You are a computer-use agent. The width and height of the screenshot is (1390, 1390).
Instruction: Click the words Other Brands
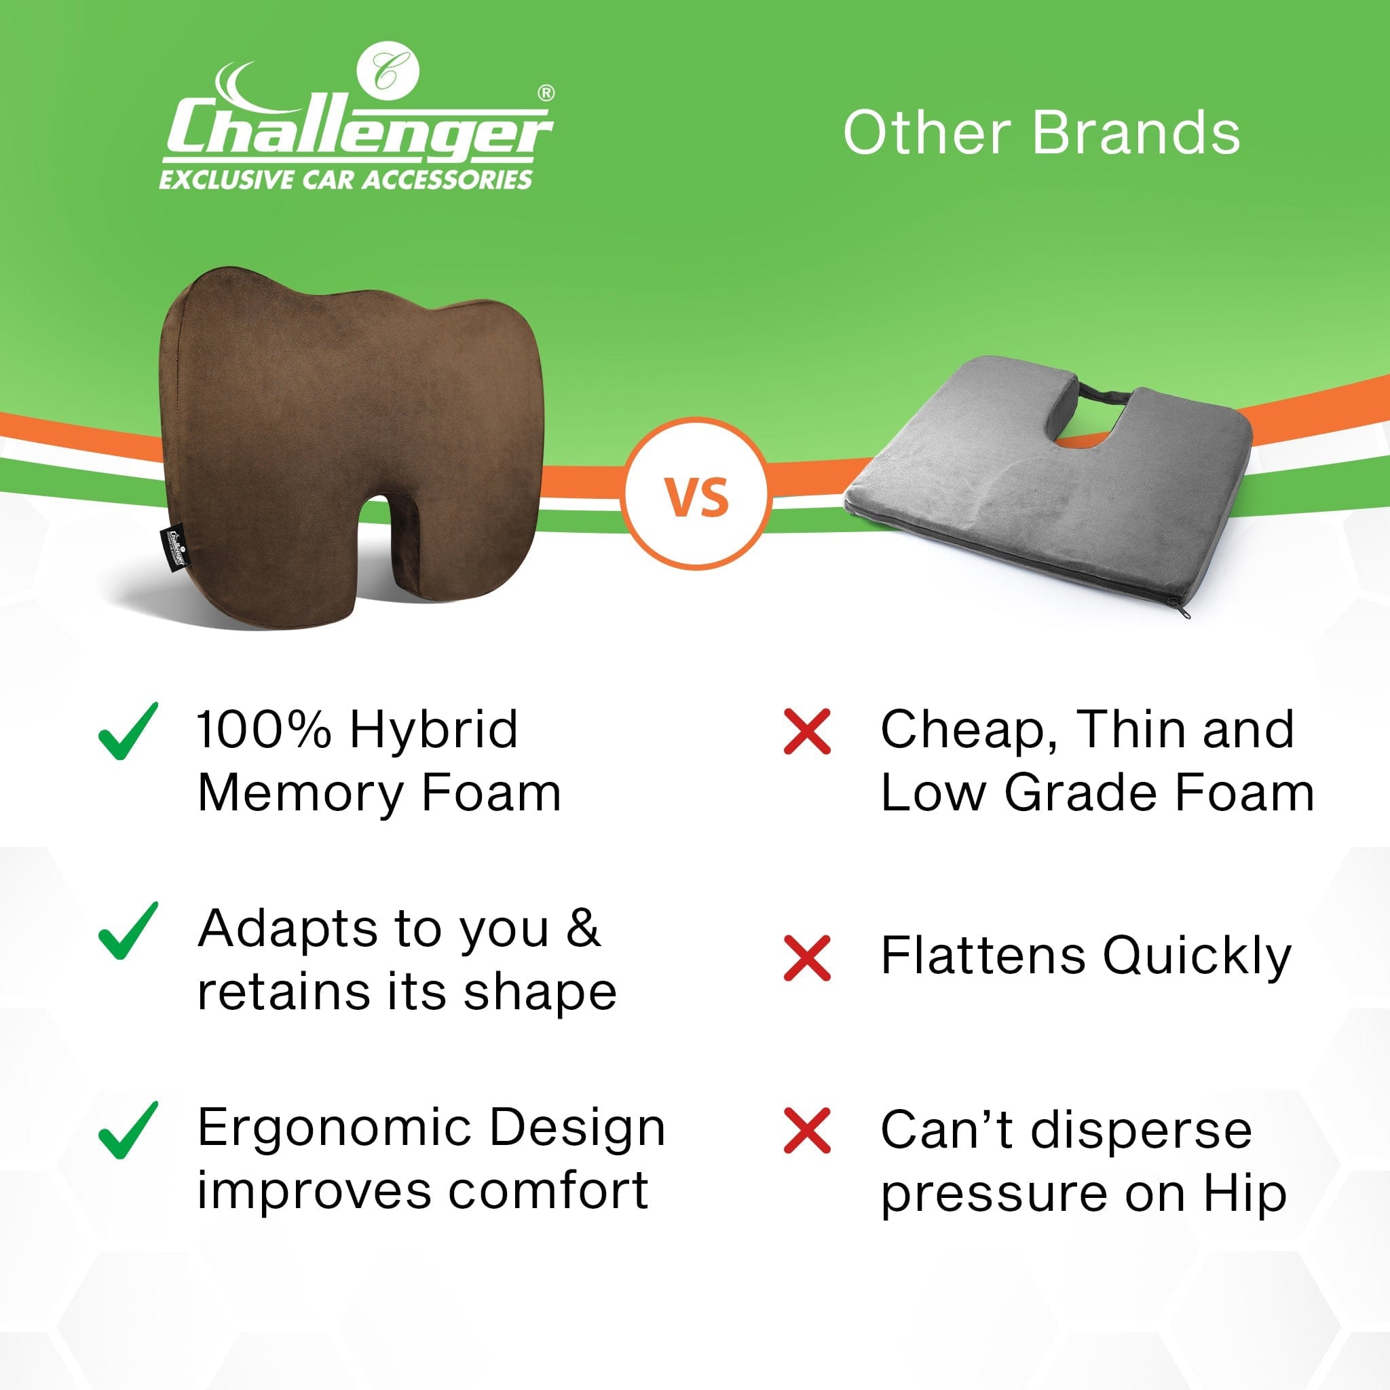1041,133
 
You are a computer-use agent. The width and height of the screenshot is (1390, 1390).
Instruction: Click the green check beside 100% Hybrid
128,732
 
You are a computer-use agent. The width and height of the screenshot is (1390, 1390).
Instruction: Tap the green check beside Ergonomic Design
128,1131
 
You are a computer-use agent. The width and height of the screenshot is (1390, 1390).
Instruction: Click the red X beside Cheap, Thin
807,732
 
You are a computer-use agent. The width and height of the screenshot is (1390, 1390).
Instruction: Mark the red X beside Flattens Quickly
807,958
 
